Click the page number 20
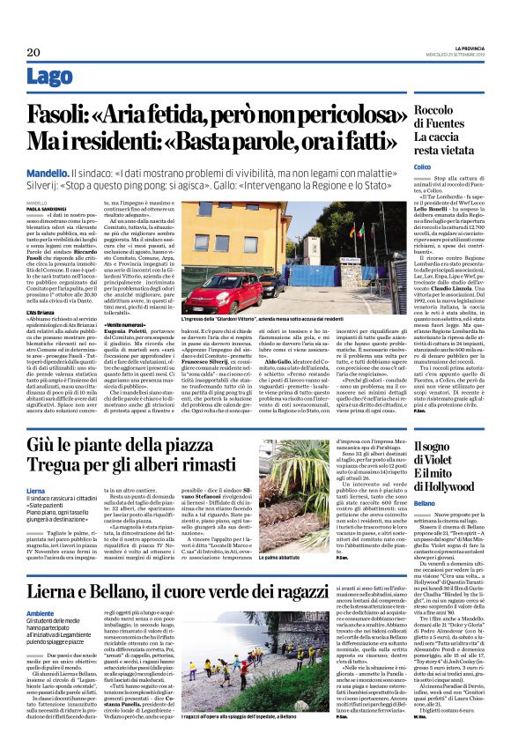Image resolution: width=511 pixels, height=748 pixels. [x=34, y=53]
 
